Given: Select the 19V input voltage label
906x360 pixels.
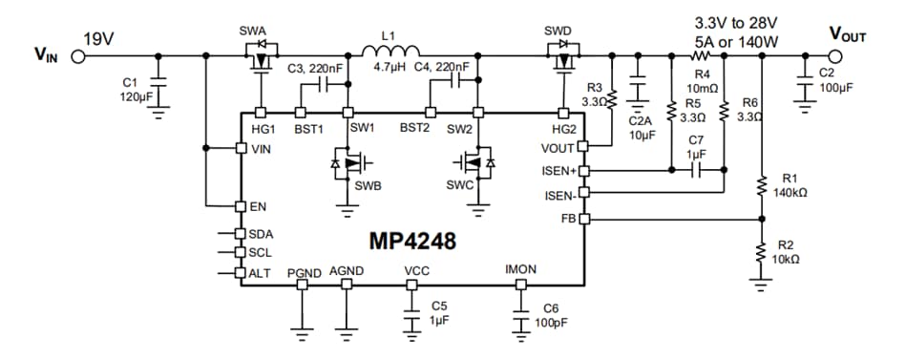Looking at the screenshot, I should (x=97, y=39).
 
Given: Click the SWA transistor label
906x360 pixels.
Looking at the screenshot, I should (x=253, y=32).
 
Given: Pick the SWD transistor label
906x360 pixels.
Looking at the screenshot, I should (x=558, y=31).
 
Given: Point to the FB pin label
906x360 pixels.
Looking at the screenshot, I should (x=564, y=219).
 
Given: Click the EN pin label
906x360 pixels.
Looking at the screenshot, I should (x=256, y=206).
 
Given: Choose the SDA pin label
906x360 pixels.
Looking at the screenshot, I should (x=260, y=234).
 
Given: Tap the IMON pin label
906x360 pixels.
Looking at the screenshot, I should (x=520, y=270).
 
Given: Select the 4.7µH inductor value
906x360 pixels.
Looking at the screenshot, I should (x=390, y=69).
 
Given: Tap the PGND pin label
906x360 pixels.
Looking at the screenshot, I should (x=304, y=272).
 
